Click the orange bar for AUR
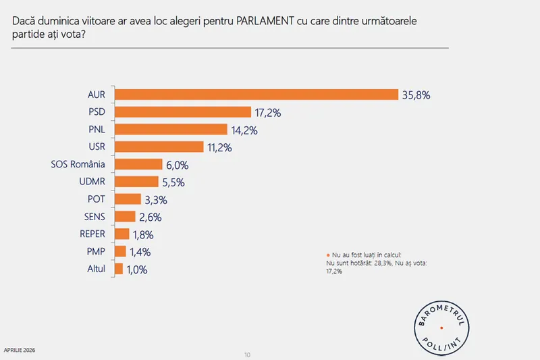(x=256, y=95)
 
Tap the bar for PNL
(x=171, y=130)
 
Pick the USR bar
(x=159, y=147)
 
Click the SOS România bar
(x=139, y=164)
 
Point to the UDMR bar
(x=137, y=182)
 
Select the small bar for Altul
(x=119, y=269)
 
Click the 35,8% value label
(x=416, y=95)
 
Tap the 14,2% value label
(x=246, y=130)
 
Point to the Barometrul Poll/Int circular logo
(x=441, y=328)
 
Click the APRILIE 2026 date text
(x=20, y=350)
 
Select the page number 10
(x=248, y=355)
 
